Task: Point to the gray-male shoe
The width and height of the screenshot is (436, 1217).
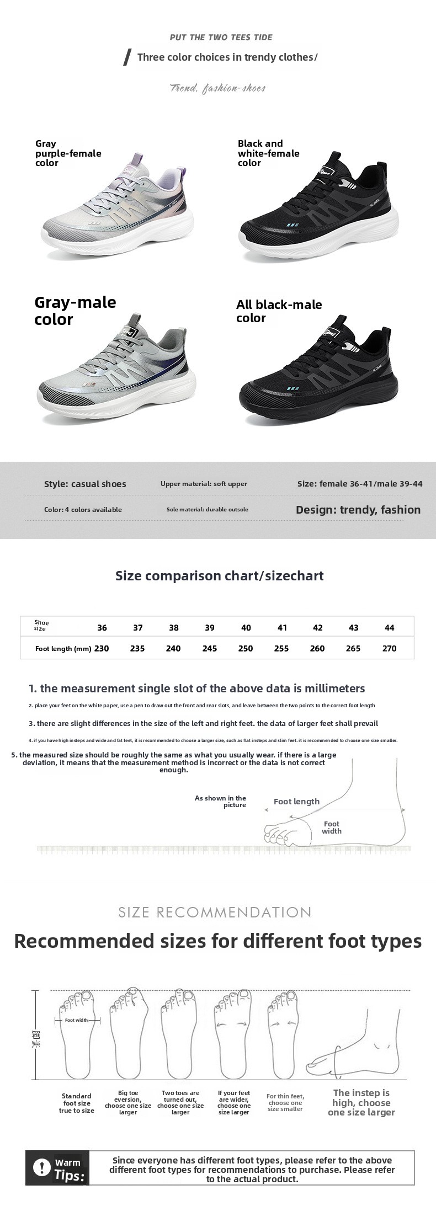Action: point(116,375)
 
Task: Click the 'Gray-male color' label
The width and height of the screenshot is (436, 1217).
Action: point(75,311)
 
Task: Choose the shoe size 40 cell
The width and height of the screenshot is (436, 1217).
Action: point(246,628)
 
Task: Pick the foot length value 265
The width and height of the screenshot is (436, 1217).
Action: point(353,648)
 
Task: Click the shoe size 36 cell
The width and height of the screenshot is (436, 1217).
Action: point(102,628)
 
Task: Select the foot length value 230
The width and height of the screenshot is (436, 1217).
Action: point(102,648)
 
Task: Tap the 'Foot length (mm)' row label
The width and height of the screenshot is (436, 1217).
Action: point(63,649)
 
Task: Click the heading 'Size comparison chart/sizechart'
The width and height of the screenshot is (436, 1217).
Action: point(219,575)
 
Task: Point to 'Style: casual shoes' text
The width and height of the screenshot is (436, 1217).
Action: point(85,484)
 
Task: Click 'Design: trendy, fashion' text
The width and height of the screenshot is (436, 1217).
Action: point(358,510)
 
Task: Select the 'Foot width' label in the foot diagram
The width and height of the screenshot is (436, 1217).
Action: point(332,828)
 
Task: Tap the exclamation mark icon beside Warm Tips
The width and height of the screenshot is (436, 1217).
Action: point(41,1167)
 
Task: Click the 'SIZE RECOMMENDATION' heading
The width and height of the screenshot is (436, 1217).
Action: point(215,912)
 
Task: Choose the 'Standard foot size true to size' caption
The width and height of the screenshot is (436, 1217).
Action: point(77,1103)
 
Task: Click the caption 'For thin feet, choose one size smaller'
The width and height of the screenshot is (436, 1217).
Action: point(285,1103)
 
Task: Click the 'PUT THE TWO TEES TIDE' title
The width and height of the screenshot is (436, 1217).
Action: point(221,38)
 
